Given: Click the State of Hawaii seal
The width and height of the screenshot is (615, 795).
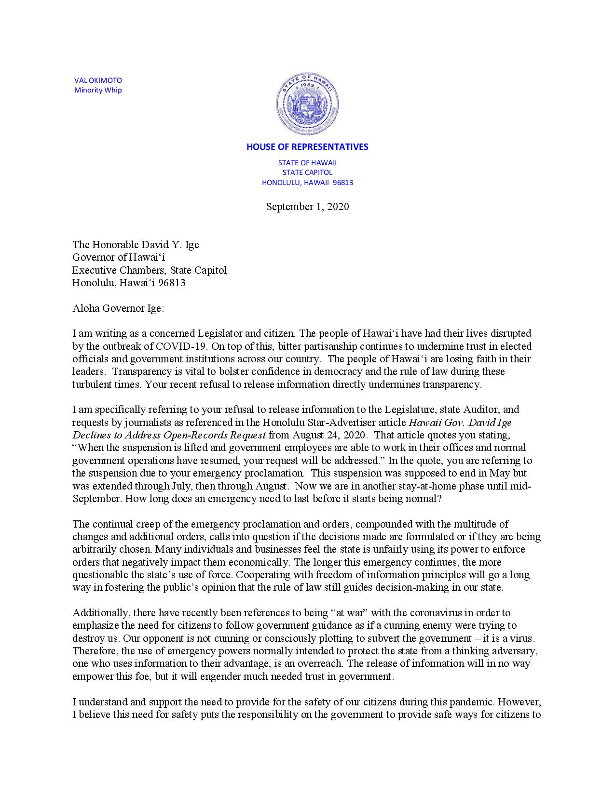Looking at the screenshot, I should pos(307,105).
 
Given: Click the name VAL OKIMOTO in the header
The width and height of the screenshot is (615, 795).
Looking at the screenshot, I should pos(98,80).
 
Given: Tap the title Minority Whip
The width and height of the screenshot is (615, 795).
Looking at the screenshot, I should pos(98,90).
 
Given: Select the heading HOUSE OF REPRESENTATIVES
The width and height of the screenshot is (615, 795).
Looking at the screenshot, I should pos(307,147).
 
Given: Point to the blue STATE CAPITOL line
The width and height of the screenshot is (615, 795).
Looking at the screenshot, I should pos(307,172).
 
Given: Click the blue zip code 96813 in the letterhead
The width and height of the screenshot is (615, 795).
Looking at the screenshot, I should pos(343,183).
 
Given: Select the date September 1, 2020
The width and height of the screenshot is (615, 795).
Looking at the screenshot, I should pos(307,207).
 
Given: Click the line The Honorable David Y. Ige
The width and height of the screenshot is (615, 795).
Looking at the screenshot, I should pos(136,245).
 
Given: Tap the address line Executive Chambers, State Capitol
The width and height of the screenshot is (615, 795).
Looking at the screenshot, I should pos(150,270).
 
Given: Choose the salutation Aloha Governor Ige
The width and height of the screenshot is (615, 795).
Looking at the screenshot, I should pos(118,308).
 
